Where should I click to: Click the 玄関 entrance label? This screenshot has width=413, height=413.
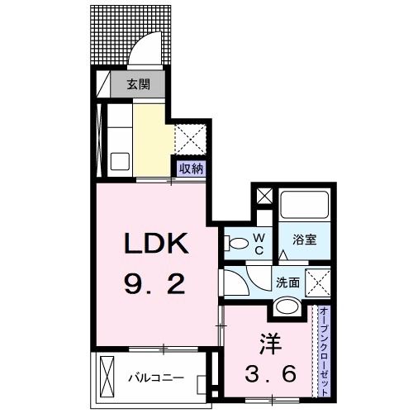139,84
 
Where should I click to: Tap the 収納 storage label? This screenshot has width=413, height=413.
192,168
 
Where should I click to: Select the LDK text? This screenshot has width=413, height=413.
157,243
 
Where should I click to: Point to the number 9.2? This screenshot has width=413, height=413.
154,285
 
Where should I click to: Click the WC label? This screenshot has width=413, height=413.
259,244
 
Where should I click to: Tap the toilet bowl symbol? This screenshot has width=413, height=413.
236,244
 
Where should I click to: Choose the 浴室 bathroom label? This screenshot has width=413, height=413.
304,240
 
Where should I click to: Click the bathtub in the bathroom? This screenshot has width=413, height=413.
304,205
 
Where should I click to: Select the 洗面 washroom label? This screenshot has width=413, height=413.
287,282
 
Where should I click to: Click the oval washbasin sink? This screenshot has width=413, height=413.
287,306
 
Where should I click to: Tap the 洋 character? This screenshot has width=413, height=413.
271,344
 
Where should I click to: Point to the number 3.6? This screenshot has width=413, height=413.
271,373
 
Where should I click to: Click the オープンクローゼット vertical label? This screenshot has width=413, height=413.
324,352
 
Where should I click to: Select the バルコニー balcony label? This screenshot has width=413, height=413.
156,377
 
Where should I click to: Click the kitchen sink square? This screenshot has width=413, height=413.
120,162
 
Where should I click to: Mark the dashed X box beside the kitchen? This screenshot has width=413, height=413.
191,140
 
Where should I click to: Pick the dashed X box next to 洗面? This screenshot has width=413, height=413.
318,283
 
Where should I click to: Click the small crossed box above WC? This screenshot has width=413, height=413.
264,196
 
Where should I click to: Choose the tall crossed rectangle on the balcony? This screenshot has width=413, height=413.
107,377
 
